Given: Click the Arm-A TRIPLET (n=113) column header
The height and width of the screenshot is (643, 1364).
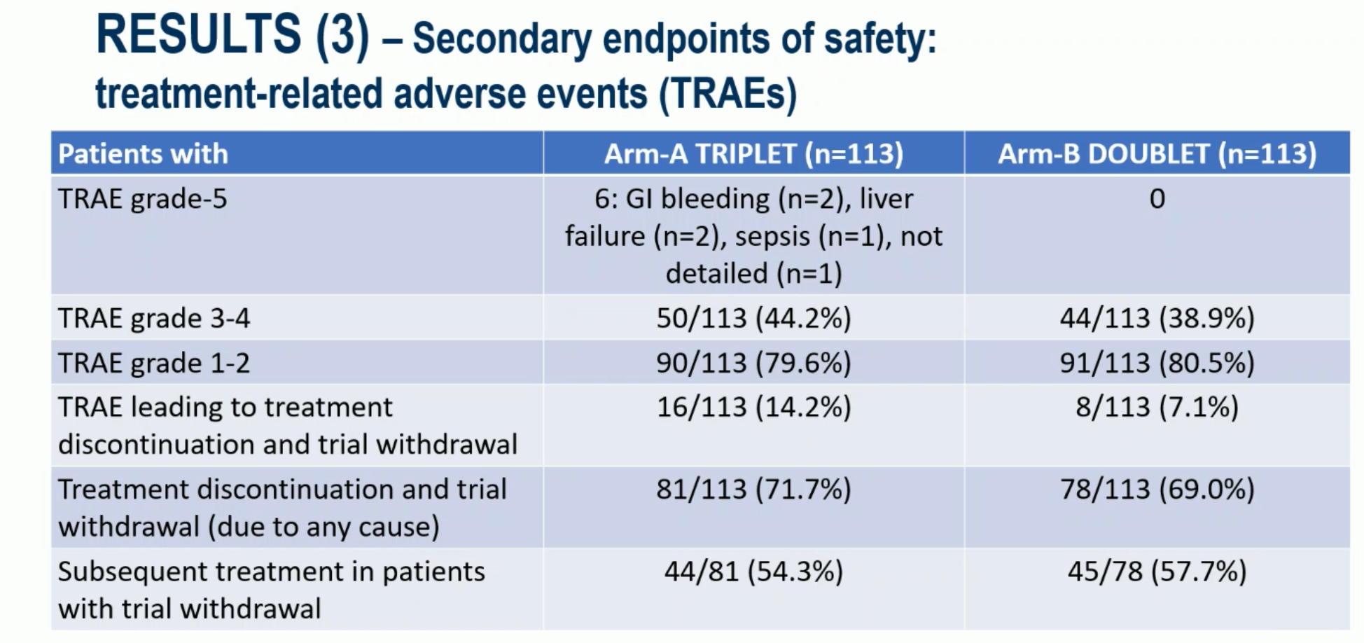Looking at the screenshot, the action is tap(753, 153).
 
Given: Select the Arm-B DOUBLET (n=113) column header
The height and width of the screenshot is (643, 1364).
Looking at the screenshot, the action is tap(1157, 153).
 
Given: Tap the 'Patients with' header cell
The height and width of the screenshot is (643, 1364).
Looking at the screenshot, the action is tap(143, 153).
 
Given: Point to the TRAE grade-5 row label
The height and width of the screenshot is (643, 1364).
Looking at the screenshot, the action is tap(143, 199).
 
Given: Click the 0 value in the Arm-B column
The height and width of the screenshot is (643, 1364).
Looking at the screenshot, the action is tap(1157, 199).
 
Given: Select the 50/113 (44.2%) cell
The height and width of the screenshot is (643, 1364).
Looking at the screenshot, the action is tap(753, 318).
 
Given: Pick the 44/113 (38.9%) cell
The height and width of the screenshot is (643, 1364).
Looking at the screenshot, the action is tap(1157, 318).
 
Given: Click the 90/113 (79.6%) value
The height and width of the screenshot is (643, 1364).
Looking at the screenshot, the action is tap(753, 363).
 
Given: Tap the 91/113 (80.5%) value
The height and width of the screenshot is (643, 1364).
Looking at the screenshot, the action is tap(1157, 363).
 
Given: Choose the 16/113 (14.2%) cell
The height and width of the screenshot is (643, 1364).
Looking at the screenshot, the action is tap(753, 407).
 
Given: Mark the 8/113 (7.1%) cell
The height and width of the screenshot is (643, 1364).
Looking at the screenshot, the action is tap(1157, 407).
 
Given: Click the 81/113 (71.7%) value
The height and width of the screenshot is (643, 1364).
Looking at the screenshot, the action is tap(753, 489).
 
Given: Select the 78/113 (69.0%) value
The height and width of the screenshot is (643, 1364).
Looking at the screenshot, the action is tap(1157, 489).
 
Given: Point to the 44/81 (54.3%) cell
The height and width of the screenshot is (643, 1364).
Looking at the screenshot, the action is tap(753, 572).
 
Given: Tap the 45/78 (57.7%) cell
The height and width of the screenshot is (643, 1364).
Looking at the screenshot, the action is tap(1157, 572).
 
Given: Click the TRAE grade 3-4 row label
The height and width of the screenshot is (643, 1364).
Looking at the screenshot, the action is tap(154, 319).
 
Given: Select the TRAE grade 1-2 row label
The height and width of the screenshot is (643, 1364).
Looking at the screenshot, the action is tap(154, 364).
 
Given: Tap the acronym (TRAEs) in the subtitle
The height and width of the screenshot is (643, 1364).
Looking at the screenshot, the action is tap(728, 94).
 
